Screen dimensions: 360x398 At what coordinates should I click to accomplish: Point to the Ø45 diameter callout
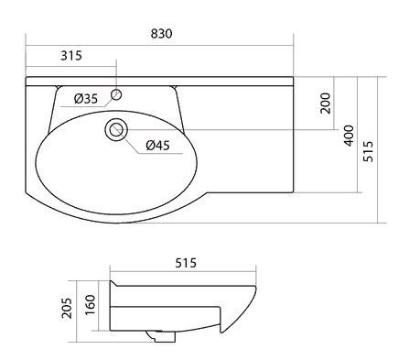click(157, 146)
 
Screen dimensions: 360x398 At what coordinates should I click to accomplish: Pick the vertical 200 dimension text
click(326, 104)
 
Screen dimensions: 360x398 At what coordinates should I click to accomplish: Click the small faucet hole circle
click(117, 94)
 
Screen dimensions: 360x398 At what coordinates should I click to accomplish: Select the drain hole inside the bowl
click(116, 129)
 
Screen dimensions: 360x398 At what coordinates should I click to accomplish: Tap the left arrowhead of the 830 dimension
click(28, 43)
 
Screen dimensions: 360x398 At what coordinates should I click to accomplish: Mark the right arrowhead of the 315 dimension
click(115, 64)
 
